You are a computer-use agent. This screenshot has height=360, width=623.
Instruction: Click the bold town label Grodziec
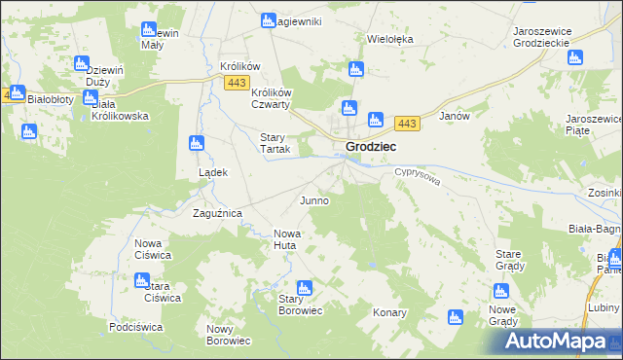click(370, 147)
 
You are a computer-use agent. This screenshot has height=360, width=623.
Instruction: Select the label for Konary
click(389, 313)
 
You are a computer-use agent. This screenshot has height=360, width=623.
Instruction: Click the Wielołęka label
click(390, 40)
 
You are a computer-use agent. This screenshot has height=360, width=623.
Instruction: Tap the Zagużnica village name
click(216, 212)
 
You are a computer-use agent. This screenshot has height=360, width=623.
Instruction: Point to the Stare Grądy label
click(510, 259)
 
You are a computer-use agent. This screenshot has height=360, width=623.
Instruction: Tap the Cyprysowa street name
click(419, 181)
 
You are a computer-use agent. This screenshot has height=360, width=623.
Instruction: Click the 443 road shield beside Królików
click(235, 84)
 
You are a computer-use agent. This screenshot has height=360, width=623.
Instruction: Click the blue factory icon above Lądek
click(196, 144)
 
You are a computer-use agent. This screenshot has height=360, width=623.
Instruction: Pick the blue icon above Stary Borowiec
click(304, 288)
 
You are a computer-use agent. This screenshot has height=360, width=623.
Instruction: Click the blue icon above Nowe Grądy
click(500, 291)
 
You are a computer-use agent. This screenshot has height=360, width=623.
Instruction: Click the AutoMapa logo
click(560, 342)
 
